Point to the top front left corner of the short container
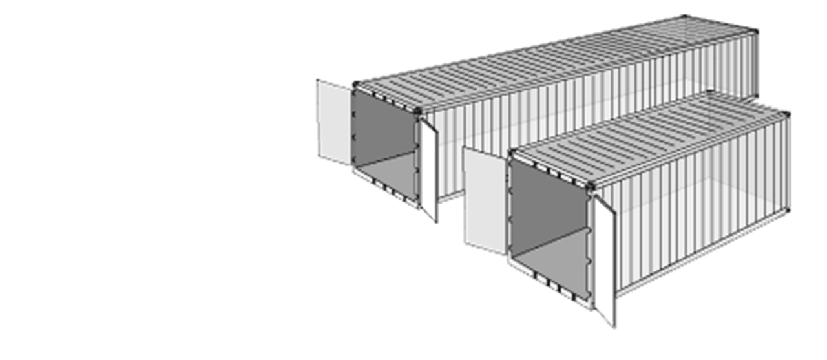click(510, 153)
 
